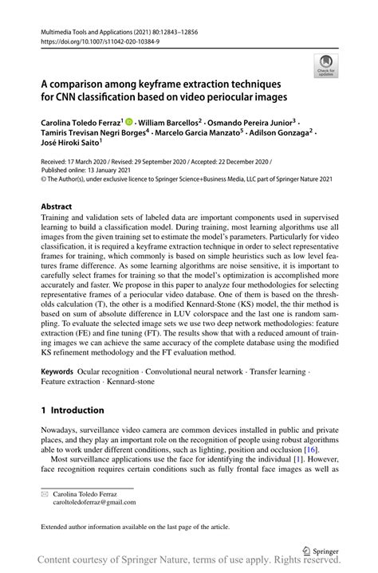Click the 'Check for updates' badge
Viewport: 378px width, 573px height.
[325, 66]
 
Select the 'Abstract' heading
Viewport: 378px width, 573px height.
[57, 205]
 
